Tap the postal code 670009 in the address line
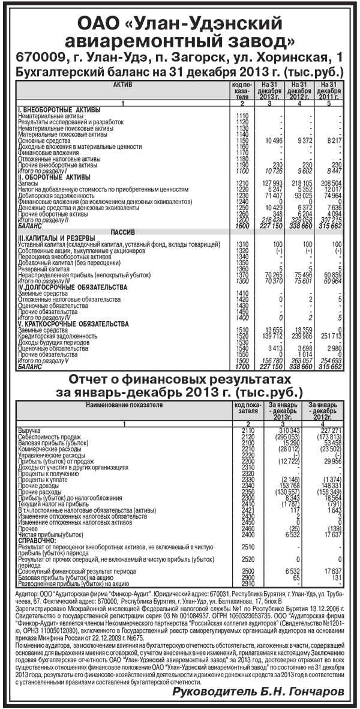point(40,58)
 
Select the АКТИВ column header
point(123,85)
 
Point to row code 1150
point(242,140)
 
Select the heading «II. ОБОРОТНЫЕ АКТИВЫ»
point(55,176)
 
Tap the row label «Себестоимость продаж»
point(50,436)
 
